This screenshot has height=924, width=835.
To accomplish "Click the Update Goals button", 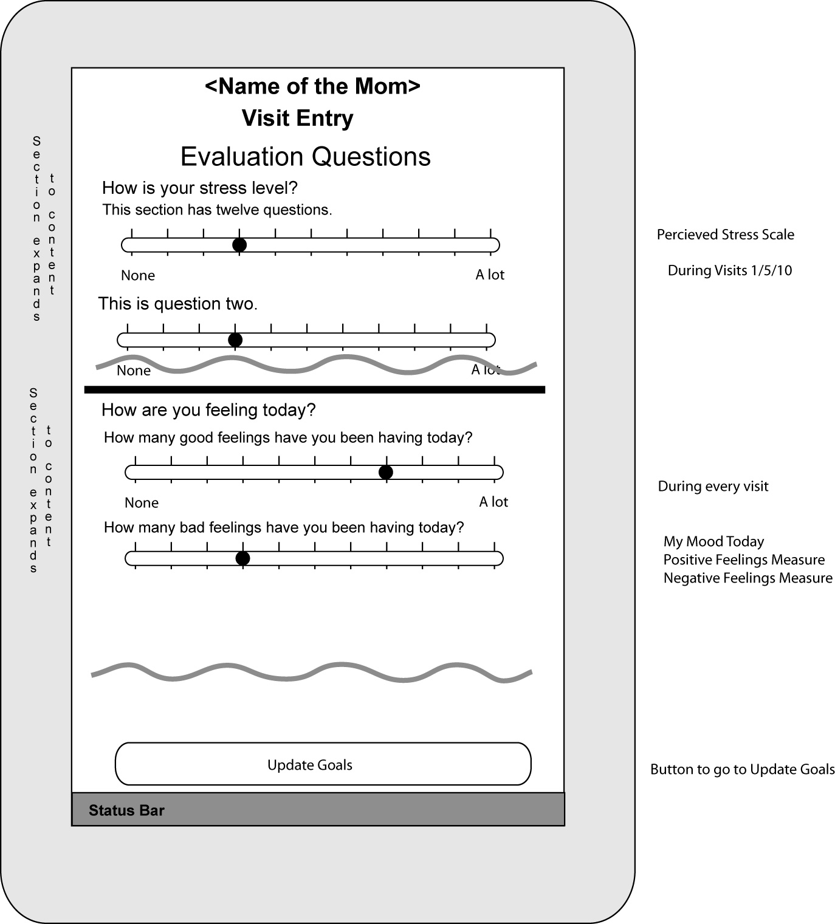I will pos(323,764).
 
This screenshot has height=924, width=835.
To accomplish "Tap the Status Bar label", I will pos(126,810).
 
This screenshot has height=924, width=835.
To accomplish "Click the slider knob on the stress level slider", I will pos(239,245).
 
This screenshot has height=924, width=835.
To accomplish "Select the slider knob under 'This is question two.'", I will pos(235,340).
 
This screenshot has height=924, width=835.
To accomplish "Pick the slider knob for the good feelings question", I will pos(385,472).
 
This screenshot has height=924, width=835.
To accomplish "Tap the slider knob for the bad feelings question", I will pos(242,558).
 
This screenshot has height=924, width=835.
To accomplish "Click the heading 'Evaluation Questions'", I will pos(305,157).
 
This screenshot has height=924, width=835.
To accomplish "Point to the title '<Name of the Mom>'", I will pos(312,86).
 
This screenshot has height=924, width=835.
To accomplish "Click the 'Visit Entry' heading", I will pos(297,118).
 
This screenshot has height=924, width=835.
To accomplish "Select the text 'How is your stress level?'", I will pos(199,188).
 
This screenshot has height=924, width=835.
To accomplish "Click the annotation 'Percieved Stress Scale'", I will pos(725,234).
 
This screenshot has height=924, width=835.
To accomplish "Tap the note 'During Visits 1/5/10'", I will pos(729,270).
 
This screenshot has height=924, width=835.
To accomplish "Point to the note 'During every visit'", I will pos(713,486).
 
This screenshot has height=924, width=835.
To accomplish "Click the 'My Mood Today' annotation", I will pos(713,541).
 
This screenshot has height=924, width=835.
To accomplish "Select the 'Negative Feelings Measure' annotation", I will pos(747,578).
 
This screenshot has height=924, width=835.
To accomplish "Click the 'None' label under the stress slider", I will pos(138,275).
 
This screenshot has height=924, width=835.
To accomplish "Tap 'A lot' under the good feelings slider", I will pos(493,502).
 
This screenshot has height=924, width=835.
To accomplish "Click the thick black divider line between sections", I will pos(314,389).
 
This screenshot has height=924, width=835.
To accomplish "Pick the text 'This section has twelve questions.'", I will pos(217,210).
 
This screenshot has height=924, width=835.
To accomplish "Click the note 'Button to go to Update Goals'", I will pos(742,769).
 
